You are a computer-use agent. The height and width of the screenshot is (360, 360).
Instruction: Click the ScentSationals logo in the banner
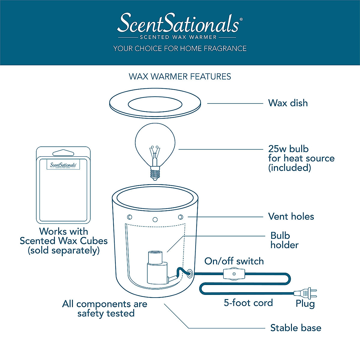(179, 24)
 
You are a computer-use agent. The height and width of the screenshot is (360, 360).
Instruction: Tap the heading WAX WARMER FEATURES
(180, 76)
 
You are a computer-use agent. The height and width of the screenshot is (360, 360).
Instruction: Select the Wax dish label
(288, 103)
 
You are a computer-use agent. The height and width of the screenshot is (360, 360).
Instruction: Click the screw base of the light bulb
(155, 173)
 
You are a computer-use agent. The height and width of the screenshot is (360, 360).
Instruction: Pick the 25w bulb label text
(301, 158)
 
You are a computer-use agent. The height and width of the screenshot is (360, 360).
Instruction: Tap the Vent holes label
(291, 217)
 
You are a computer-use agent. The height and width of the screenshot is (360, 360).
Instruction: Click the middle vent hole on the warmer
(155, 220)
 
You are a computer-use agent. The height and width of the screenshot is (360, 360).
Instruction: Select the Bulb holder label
(284, 240)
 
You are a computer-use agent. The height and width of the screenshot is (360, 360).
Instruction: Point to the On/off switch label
(234, 261)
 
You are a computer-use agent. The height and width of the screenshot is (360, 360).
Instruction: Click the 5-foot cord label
(248, 303)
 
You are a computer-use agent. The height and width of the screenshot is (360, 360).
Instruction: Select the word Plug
(305, 304)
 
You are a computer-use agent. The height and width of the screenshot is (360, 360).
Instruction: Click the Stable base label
(295, 328)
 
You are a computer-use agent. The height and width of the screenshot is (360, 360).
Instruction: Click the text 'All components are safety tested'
(105, 309)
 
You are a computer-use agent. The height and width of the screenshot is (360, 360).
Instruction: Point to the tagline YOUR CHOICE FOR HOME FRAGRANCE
(180, 49)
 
